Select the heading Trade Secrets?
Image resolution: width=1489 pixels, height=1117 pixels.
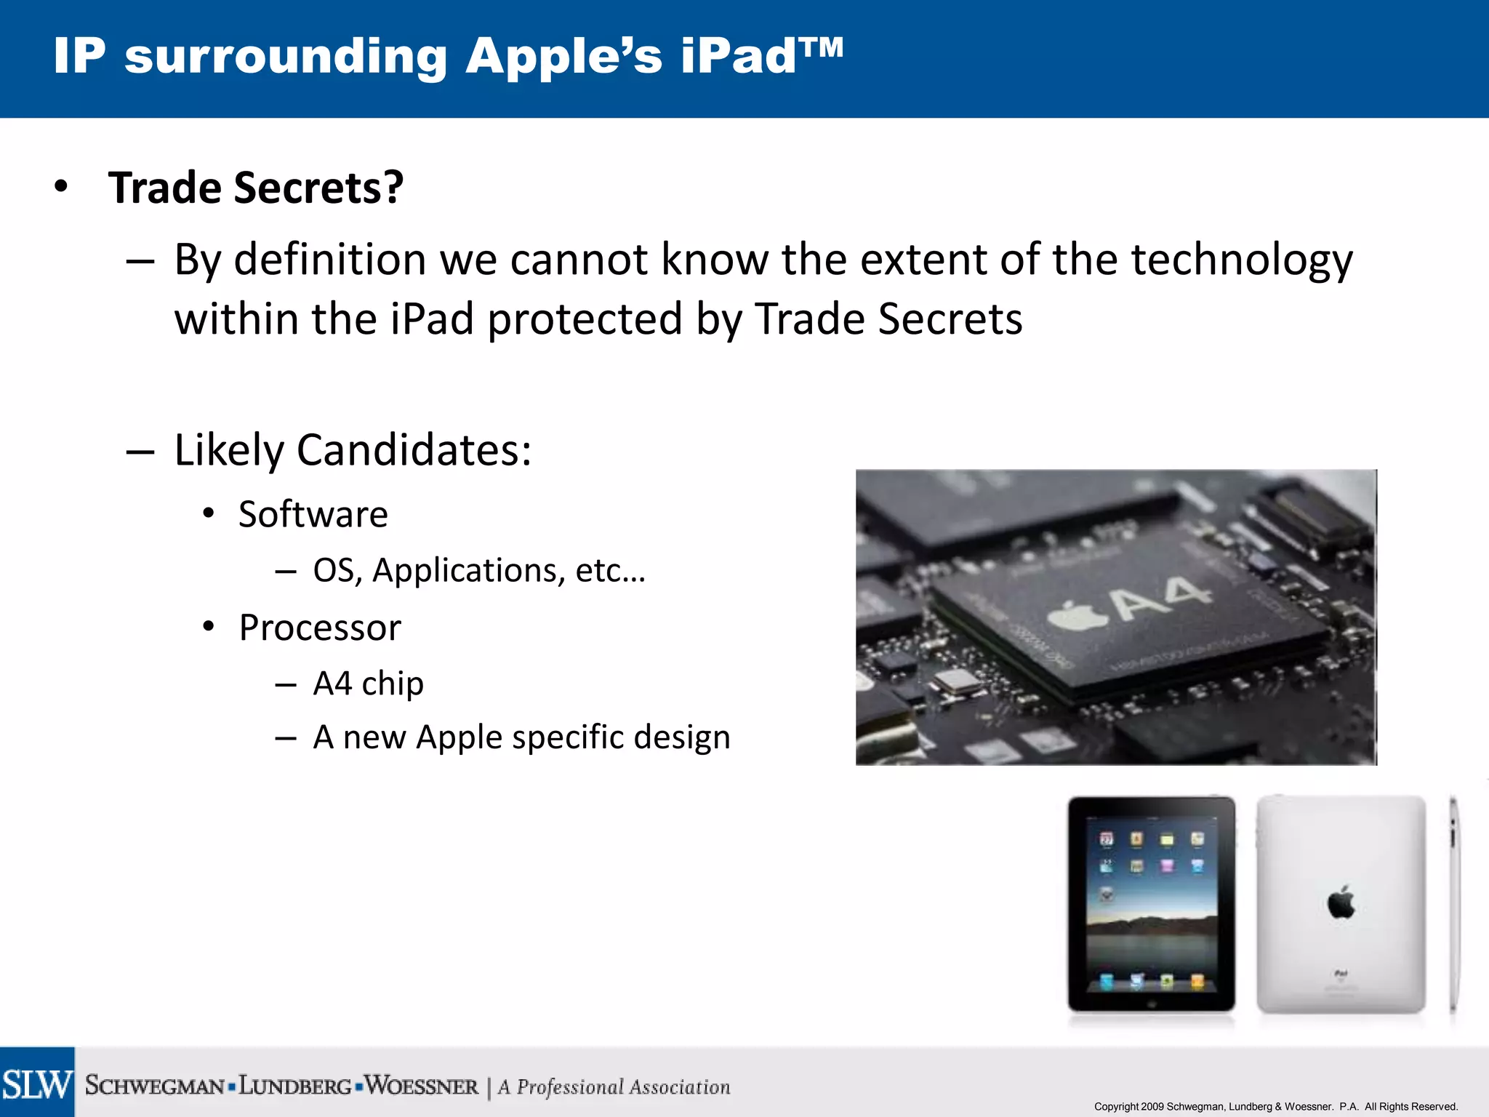(255, 188)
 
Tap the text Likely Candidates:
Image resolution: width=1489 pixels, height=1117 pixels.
(353, 450)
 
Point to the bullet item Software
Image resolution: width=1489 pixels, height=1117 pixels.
(313, 515)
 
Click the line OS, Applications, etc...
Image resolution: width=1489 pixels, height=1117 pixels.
(478, 571)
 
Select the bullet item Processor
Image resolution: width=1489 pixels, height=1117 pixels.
(319, 628)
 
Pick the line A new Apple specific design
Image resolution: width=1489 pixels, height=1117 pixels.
(521, 738)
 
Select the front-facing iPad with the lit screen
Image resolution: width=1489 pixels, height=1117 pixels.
(1151, 905)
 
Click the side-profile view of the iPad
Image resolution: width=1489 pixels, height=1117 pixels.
(1453, 905)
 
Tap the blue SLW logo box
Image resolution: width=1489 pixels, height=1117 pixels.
(37, 1083)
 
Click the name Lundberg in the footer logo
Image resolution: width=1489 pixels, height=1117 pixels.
(295, 1086)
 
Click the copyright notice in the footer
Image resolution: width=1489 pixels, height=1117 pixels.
(1275, 1106)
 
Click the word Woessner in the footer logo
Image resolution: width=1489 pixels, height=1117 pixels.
(421, 1086)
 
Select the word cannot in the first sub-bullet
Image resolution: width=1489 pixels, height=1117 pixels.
(578, 260)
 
